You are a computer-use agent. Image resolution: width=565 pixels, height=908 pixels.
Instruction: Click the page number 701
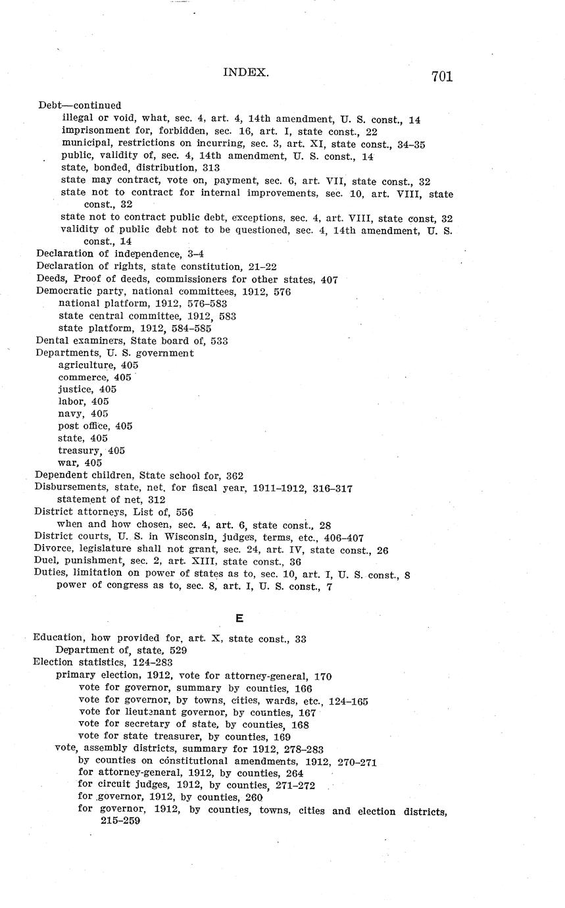442,76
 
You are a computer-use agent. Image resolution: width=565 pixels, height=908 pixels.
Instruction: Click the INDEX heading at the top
246,72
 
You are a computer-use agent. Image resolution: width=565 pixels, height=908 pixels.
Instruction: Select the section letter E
239,618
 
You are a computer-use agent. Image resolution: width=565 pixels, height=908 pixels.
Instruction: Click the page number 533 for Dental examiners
219,341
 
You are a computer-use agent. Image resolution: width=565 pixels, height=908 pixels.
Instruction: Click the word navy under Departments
70,414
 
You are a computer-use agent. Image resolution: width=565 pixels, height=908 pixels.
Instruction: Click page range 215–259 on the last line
120,821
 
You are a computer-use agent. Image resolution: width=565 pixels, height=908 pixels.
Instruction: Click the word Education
59,638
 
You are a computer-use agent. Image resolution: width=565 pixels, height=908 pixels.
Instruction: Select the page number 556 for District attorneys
184,512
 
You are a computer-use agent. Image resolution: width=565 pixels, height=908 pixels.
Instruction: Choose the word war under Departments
66,463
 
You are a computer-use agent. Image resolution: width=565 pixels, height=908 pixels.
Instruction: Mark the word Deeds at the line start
49,280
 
